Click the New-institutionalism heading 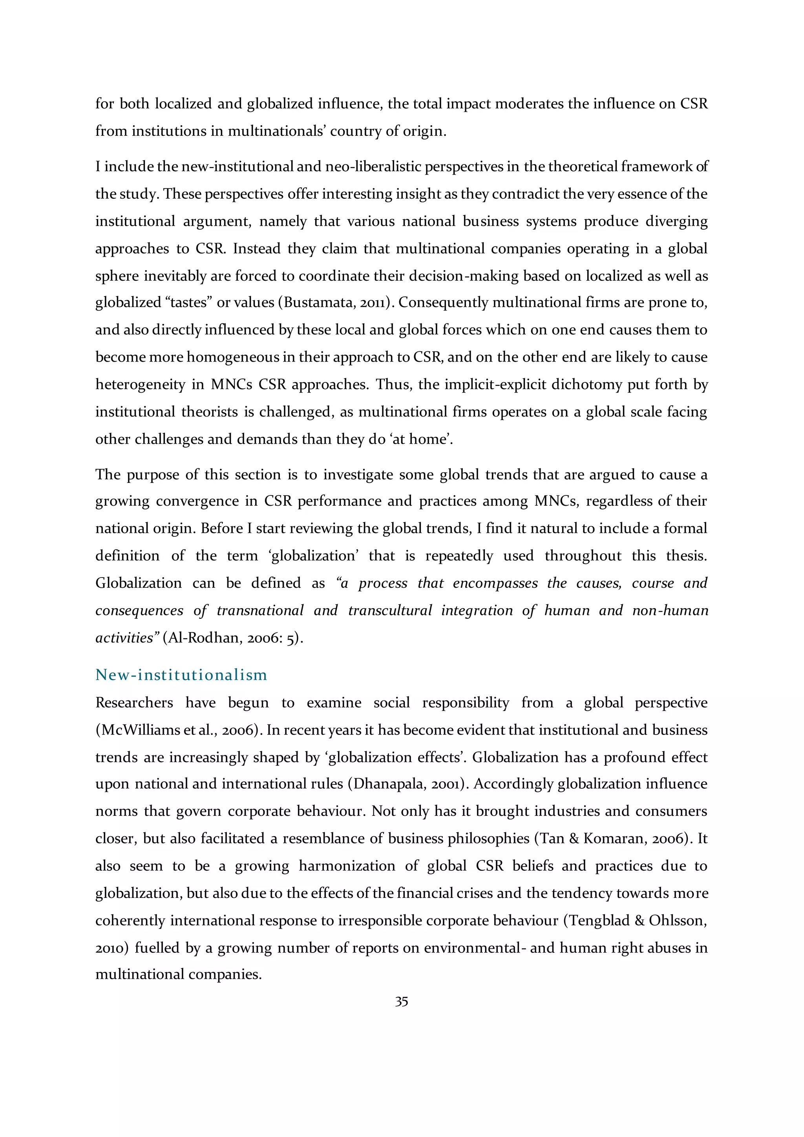tap(181, 675)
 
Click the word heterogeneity tap(140, 385)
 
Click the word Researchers tap(134, 703)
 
